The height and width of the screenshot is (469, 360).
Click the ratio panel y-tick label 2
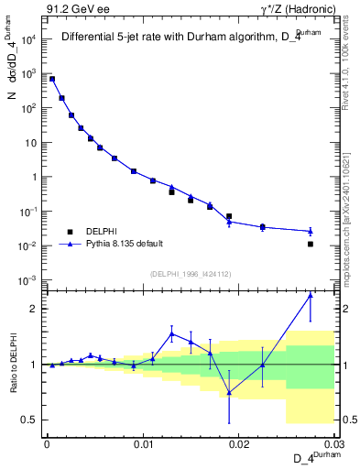pyautogui.click(x=34, y=309)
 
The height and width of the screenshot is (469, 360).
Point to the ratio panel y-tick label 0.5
pyautogui.click(x=29, y=420)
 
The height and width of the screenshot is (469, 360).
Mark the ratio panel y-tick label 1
pyautogui.click(x=34, y=365)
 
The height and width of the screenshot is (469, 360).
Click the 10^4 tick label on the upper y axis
pyautogui.click(x=29, y=39)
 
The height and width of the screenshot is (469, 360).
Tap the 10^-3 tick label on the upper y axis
pyautogui.click(x=29, y=280)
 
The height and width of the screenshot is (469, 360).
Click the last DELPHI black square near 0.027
pyautogui.click(x=311, y=244)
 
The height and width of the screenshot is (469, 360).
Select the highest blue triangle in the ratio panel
pyautogui.click(x=311, y=295)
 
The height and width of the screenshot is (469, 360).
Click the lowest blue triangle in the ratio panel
pyautogui.click(x=229, y=392)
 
